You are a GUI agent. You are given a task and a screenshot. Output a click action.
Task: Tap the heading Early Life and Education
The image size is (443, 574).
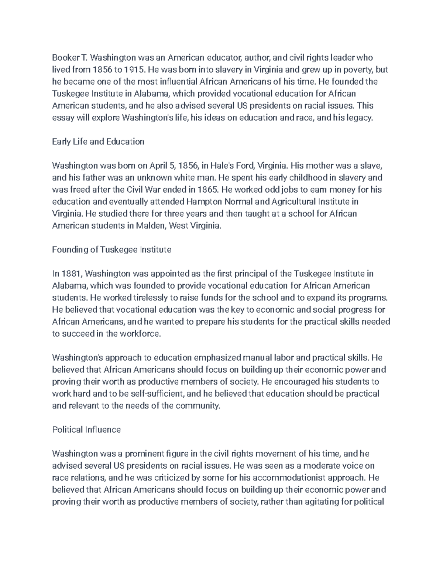[98, 142]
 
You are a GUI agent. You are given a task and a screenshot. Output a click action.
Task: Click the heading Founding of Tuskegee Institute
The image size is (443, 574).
[111, 250]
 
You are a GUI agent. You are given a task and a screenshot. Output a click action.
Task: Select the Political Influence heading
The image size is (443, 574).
[86, 429]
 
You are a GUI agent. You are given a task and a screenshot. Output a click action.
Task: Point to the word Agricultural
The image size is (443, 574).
[293, 202]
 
